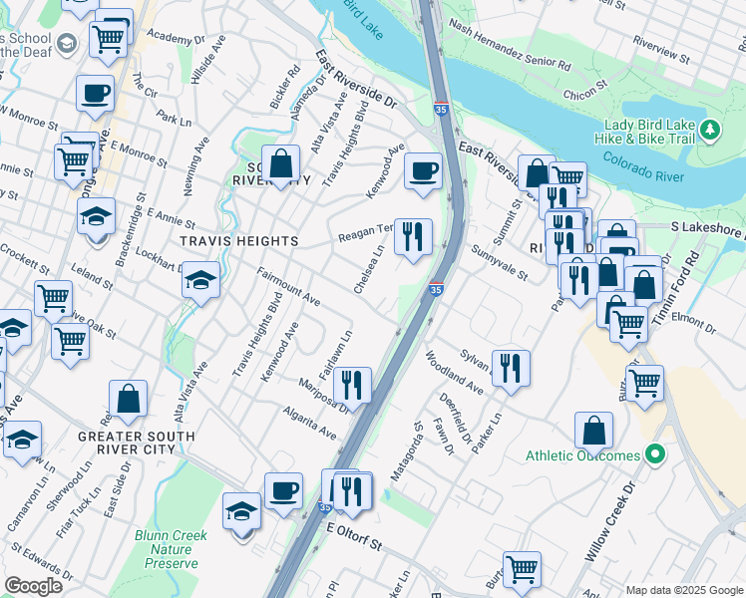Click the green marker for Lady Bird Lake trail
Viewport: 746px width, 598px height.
point(710,129)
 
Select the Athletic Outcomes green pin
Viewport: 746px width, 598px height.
point(654,455)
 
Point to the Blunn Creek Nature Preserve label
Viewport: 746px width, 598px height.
point(171,549)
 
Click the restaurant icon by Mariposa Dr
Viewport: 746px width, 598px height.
point(351,384)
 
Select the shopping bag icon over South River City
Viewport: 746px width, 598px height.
point(283,163)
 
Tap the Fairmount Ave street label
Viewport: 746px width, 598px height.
point(288,285)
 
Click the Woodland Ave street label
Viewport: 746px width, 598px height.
point(453,367)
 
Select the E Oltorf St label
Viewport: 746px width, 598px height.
point(350,539)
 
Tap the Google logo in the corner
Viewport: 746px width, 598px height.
point(33,585)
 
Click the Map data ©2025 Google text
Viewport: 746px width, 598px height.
point(683,589)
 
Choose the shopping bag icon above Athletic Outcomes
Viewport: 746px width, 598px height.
point(593,431)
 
